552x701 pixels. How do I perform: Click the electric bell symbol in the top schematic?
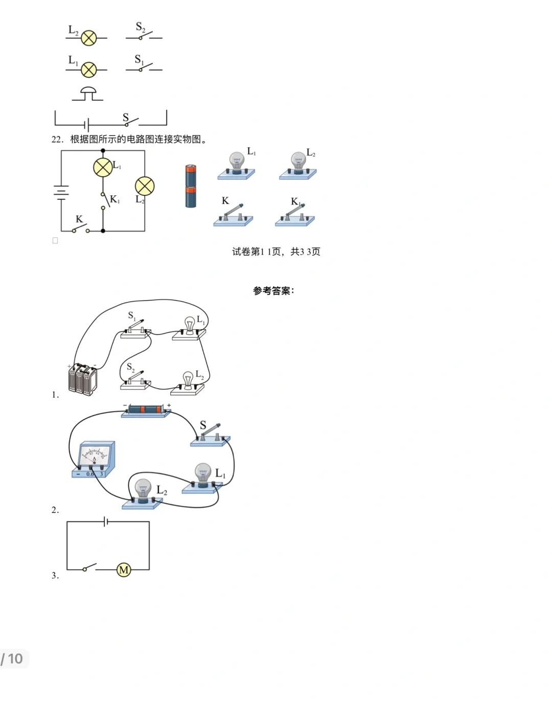[88, 94]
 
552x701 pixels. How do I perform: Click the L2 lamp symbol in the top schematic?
[89, 38]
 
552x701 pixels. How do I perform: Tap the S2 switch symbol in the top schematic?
[144, 35]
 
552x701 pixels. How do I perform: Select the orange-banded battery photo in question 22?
[191, 186]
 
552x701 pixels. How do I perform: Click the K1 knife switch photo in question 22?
[295, 214]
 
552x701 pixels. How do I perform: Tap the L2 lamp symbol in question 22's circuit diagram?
[145, 186]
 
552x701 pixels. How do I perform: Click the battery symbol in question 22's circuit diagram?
[61, 192]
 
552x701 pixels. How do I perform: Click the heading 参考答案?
[273, 291]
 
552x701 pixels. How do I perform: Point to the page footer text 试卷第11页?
[276, 252]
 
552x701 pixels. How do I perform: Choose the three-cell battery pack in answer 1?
[83, 379]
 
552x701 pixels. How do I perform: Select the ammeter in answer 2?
[94, 460]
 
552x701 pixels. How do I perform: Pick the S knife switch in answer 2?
[211, 435]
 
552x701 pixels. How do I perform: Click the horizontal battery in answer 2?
[146, 410]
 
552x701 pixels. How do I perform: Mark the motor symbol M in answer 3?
[124, 570]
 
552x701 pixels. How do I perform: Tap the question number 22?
[57, 140]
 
